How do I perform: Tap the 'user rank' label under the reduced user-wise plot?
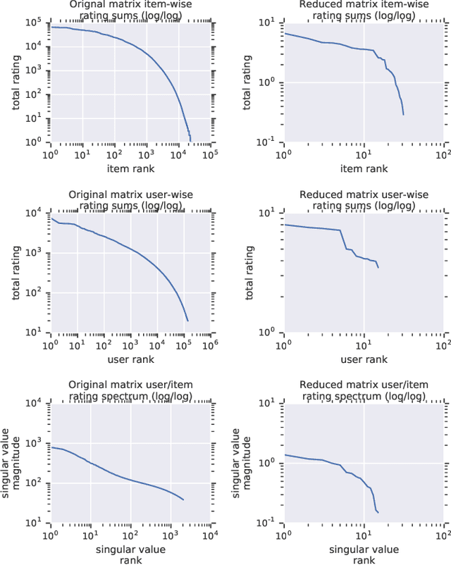(364, 359)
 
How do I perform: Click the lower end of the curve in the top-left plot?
(190, 139)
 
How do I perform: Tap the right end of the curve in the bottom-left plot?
(183, 500)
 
